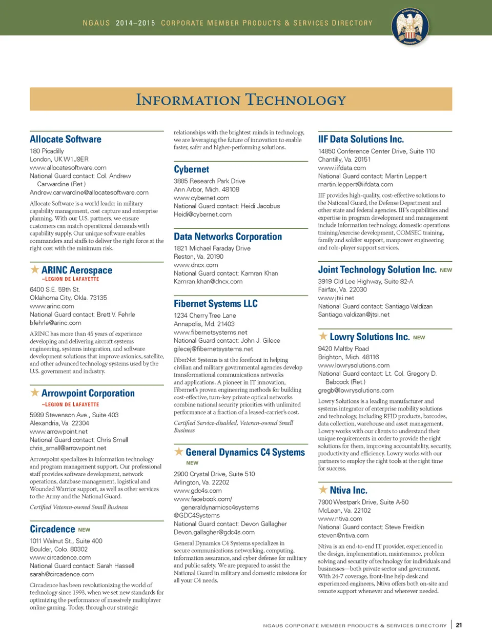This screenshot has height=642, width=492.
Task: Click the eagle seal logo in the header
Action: (410, 27)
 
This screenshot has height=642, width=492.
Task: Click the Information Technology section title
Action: (241, 100)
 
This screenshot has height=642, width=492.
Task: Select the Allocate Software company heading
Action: (66, 139)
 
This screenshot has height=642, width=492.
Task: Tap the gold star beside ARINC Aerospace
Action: (35, 269)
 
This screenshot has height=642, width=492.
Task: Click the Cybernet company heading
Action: (191, 169)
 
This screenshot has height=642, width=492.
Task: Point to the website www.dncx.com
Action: (196, 265)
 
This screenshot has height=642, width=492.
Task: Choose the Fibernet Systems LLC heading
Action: (216, 304)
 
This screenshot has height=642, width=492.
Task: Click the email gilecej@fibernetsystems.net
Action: (213, 349)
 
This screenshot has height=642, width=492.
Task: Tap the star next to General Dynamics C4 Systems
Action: (179, 452)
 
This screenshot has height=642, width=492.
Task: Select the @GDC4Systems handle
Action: (196, 515)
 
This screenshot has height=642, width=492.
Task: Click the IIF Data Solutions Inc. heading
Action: (361, 139)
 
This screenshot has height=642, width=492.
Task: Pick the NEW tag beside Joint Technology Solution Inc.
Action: (446, 270)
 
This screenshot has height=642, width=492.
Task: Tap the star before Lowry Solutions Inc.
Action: (323, 336)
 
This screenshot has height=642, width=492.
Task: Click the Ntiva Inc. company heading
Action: (348, 490)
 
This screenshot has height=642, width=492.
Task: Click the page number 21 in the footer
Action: (459, 625)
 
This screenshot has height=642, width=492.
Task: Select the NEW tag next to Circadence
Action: (84, 530)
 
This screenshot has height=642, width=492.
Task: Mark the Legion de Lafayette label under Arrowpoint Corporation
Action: (70, 404)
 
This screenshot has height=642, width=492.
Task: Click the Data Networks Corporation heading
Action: (228, 237)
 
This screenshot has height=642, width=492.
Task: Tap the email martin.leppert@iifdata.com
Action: (355, 184)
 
